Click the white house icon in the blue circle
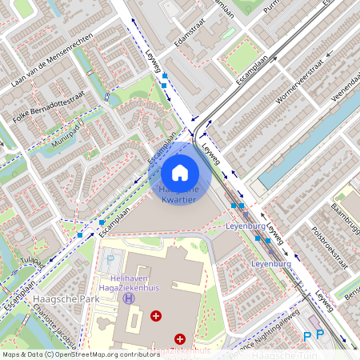pyautogui.click(x=180, y=172)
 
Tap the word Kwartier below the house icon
pyautogui.click(x=178, y=199)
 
